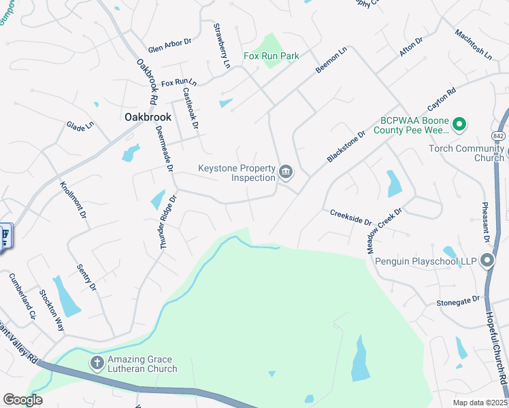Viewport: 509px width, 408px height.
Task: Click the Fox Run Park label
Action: point(272,56)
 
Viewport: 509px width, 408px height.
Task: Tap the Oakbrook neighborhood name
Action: point(148,117)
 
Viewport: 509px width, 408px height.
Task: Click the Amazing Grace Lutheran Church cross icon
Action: point(97,363)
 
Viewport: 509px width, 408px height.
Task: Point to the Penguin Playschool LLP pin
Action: point(487,260)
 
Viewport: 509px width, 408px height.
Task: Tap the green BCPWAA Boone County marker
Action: point(459,124)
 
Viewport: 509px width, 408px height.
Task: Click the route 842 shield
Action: point(498,136)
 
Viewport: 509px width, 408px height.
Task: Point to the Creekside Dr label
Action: point(350,217)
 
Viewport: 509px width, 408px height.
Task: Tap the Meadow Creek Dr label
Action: point(385,231)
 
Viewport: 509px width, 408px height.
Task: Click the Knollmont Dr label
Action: point(73,200)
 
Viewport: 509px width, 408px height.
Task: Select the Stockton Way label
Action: point(52,309)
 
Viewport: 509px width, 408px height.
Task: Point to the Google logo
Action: point(22,400)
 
